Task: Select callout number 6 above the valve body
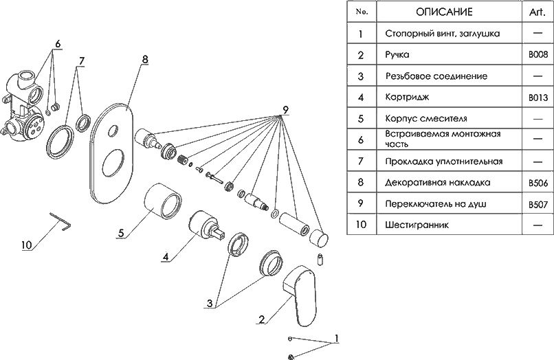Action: coord(58,43)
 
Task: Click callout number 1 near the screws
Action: coord(336,339)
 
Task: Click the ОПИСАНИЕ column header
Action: coord(444,12)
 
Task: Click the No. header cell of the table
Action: coord(362,12)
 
